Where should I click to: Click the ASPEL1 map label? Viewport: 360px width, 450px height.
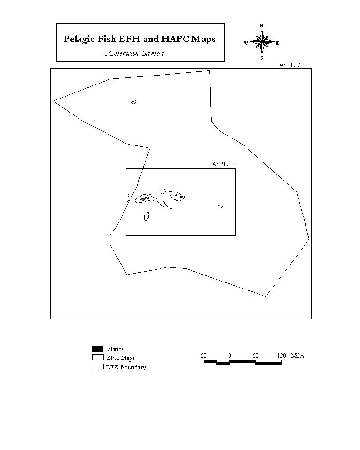click(x=290, y=65)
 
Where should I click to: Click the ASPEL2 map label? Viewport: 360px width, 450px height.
click(x=223, y=164)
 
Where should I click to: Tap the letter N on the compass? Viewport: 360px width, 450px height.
click(x=261, y=25)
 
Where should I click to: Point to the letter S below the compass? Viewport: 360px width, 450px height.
click(x=262, y=58)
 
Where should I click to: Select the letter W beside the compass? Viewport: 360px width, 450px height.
click(x=246, y=43)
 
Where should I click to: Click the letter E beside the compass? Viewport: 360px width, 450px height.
click(x=277, y=43)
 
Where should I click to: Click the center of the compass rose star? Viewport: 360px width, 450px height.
click(x=262, y=42)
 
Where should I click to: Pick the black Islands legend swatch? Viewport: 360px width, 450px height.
click(x=98, y=349)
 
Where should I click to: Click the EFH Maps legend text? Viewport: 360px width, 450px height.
click(x=120, y=358)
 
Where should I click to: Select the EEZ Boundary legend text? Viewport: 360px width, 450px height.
click(x=126, y=367)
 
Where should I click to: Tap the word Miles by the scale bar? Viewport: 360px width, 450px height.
click(x=298, y=356)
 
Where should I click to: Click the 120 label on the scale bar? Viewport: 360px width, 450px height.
click(x=281, y=356)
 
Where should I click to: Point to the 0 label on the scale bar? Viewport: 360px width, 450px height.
click(x=230, y=356)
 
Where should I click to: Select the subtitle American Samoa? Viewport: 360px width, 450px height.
click(x=135, y=53)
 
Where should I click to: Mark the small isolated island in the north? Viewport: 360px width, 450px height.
click(x=133, y=102)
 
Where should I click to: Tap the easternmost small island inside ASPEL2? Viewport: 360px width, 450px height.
click(x=220, y=206)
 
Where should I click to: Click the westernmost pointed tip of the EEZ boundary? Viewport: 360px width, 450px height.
click(x=54, y=101)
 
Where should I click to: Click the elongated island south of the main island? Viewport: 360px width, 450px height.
click(x=146, y=216)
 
